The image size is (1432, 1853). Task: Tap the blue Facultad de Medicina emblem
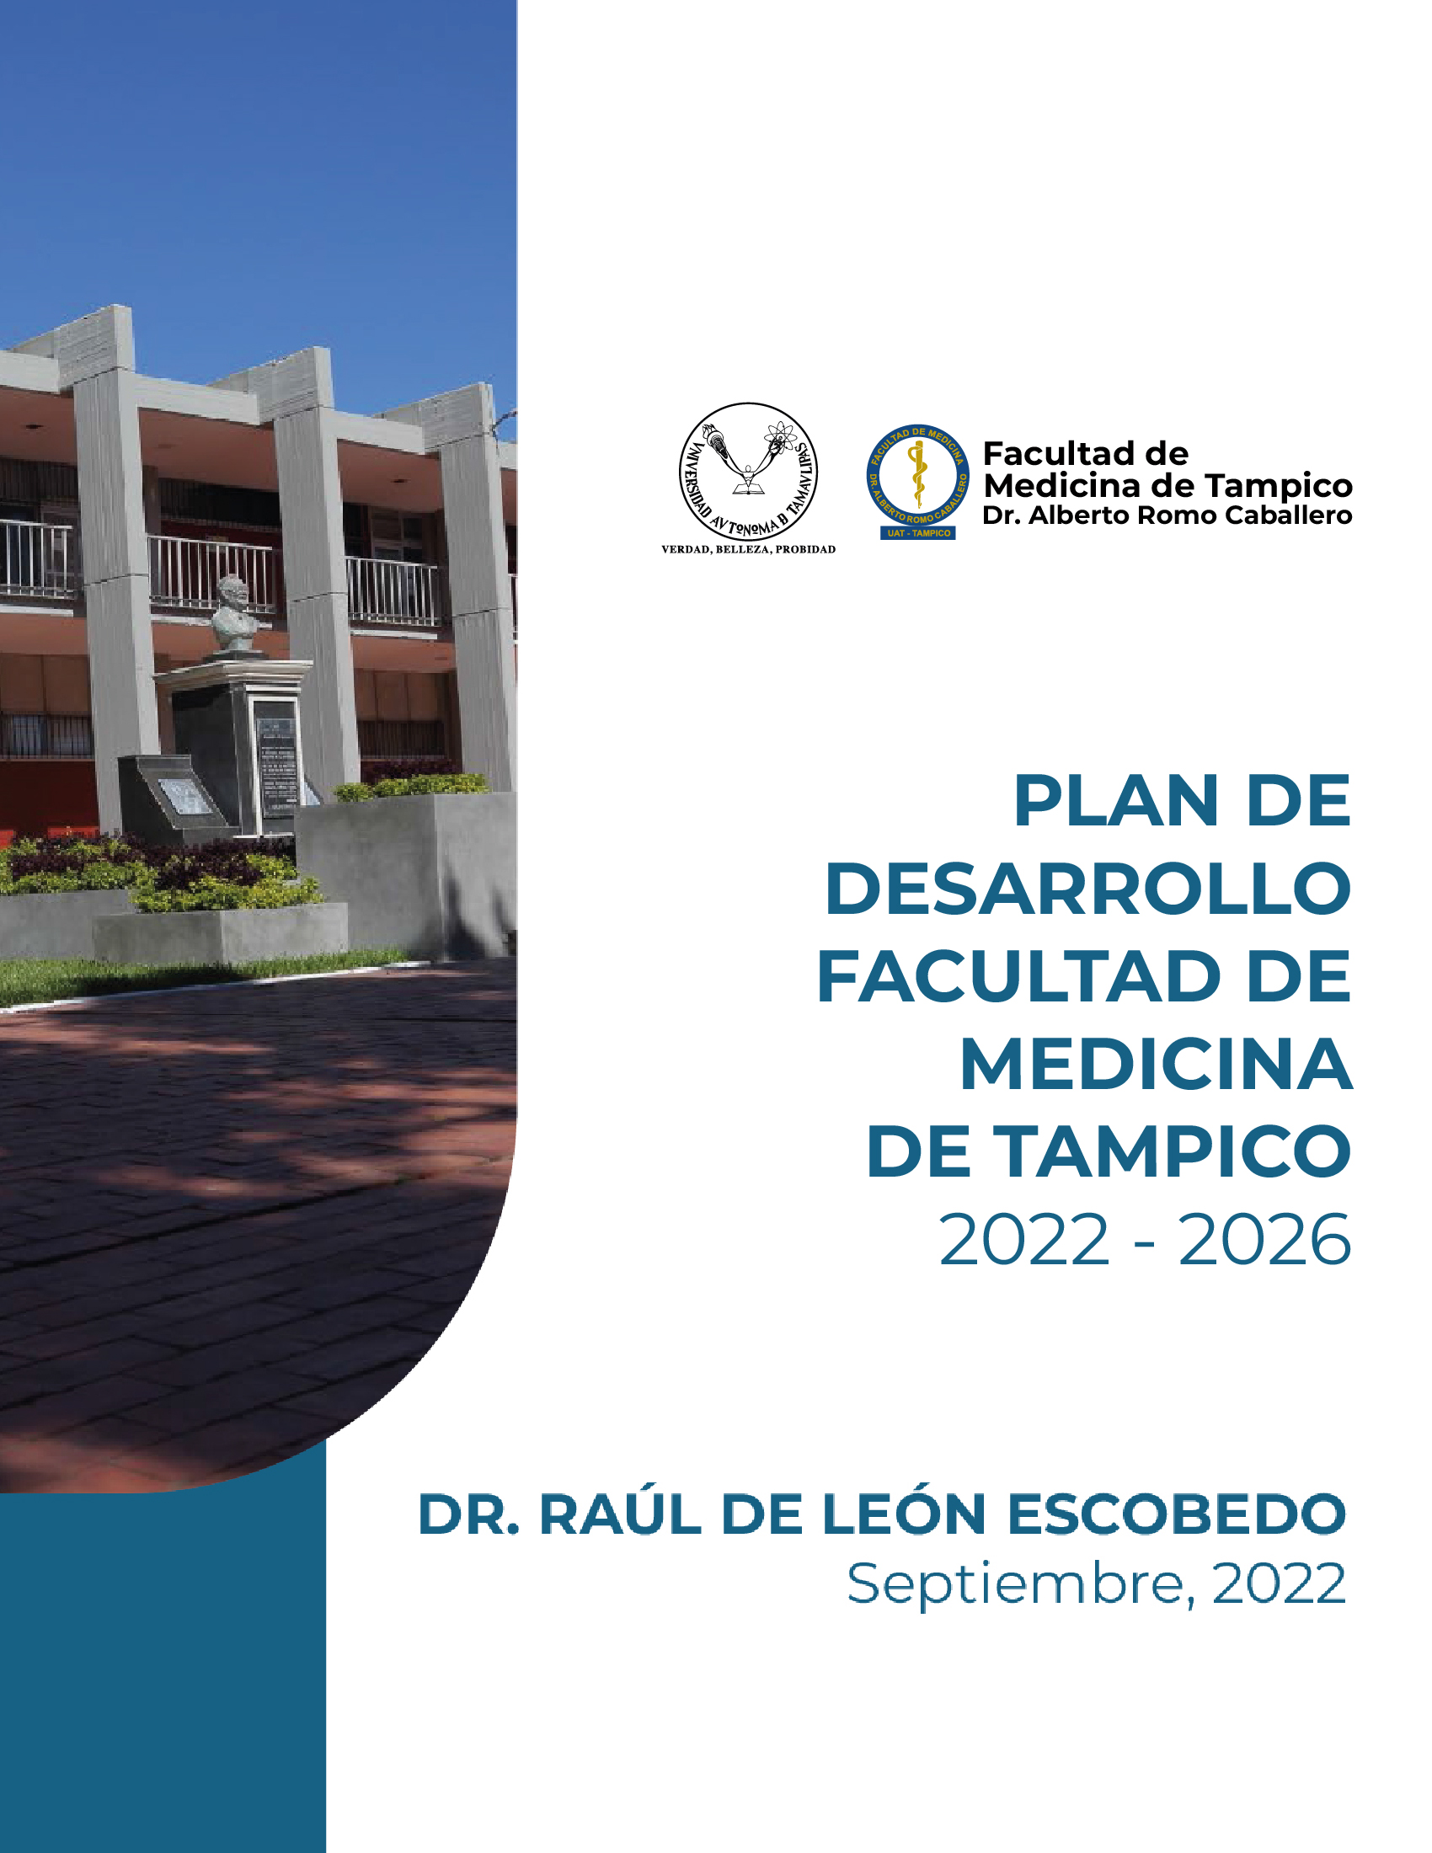[917, 474]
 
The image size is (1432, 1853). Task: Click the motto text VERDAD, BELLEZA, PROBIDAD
[748, 550]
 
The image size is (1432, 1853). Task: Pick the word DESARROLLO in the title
[1087, 889]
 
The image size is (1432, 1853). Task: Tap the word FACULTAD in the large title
[1018, 977]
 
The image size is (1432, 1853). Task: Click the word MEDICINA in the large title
[1156, 1065]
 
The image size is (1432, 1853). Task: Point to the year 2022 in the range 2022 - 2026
[1024, 1242]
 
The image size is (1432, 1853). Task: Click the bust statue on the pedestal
[233, 613]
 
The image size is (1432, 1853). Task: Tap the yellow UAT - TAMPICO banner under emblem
[918, 533]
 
